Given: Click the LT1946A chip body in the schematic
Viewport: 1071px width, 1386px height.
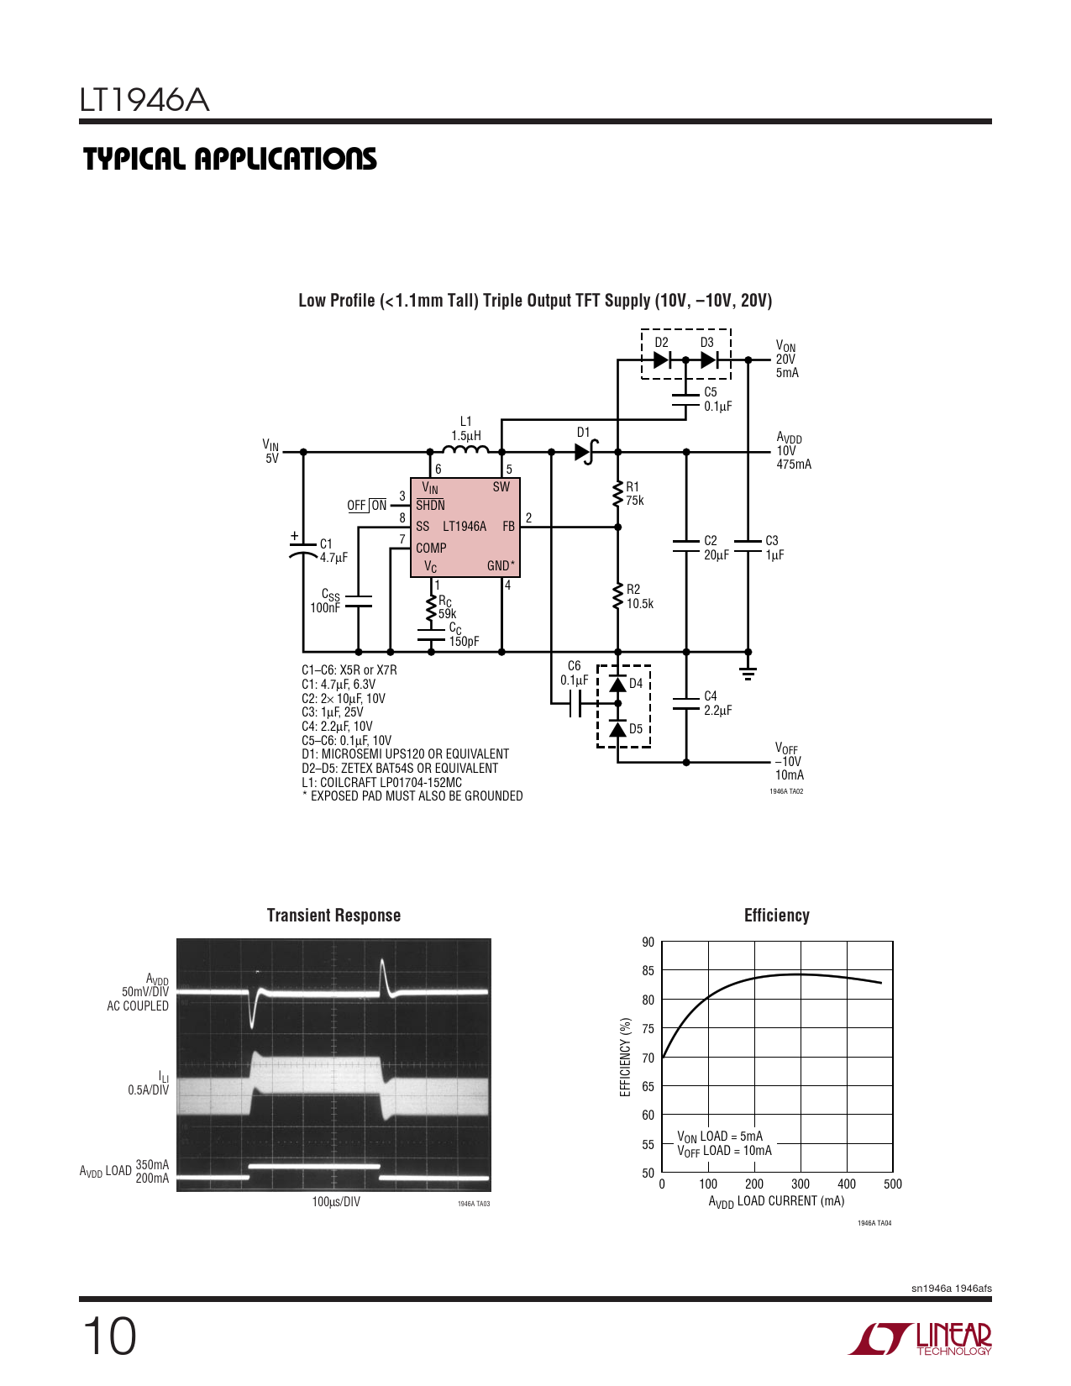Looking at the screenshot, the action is [x=465, y=528].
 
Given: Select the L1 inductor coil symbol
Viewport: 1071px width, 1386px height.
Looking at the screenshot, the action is [x=465, y=449].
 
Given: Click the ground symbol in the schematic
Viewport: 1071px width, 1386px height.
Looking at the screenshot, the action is [x=748, y=673].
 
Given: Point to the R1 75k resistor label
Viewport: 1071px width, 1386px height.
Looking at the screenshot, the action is [x=635, y=494].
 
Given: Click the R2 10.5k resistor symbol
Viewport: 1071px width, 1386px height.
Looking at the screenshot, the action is [x=617, y=596].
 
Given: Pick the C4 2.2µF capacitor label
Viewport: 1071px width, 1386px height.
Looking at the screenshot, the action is [x=717, y=703].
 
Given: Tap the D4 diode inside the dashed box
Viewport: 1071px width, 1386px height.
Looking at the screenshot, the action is [x=617, y=685].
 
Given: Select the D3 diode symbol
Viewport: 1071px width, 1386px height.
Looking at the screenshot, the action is [x=709, y=360].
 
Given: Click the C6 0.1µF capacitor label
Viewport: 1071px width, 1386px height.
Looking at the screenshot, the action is [x=574, y=673].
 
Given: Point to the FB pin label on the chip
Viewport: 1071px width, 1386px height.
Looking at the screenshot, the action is [x=508, y=526].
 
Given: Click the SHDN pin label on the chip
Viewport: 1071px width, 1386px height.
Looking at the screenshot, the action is [x=431, y=505].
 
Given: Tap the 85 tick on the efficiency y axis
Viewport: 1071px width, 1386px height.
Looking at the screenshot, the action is [x=648, y=971].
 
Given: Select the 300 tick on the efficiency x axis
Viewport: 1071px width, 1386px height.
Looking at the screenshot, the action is [x=801, y=1184].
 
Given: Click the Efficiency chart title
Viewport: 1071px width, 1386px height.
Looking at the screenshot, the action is [x=777, y=916].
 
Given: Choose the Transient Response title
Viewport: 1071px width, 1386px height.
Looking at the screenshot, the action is [x=333, y=916].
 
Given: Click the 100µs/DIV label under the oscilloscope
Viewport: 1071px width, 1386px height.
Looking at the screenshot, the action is [x=336, y=1202].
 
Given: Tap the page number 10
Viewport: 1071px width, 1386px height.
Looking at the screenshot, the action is [x=109, y=1337].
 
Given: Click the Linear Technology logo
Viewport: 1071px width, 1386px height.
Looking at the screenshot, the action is [x=920, y=1337].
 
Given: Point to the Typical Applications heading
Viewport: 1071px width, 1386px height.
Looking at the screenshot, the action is [x=229, y=159].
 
